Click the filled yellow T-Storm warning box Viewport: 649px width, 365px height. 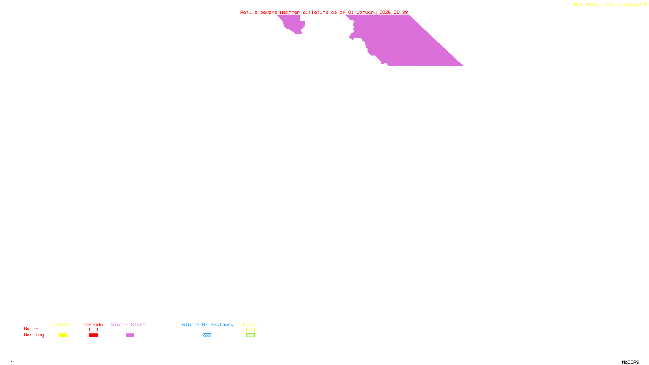pyautogui.click(x=63, y=335)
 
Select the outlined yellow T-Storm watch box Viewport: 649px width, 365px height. pyautogui.click(x=63, y=330)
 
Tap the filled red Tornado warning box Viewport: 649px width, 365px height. pyautogui.click(x=93, y=335)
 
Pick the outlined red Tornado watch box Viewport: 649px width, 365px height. pyautogui.click(x=93, y=330)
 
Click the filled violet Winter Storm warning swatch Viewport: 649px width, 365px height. pyautogui.click(x=130, y=335)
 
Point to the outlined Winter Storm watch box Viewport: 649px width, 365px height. pyautogui.click(x=130, y=330)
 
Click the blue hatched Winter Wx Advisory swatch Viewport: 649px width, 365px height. pyautogui.click(x=207, y=335)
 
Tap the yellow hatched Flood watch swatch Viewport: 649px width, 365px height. pyautogui.click(x=250, y=330)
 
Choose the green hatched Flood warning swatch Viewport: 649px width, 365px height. pyautogui.click(x=250, y=335)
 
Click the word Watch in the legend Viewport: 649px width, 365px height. pyautogui.click(x=31, y=329)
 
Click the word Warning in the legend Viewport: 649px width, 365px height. pyautogui.click(x=34, y=335)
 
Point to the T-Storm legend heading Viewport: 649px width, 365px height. pyautogui.click(x=62, y=324)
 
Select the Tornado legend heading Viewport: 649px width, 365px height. pyautogui.click(x=93, y=324)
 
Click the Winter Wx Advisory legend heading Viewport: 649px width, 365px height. pyautogui.click(x=208, y=324)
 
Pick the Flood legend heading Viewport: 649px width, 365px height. pyautogui.click(x=250, y=324)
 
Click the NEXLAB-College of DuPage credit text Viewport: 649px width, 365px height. pyautogui.click(x=608, y=5)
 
